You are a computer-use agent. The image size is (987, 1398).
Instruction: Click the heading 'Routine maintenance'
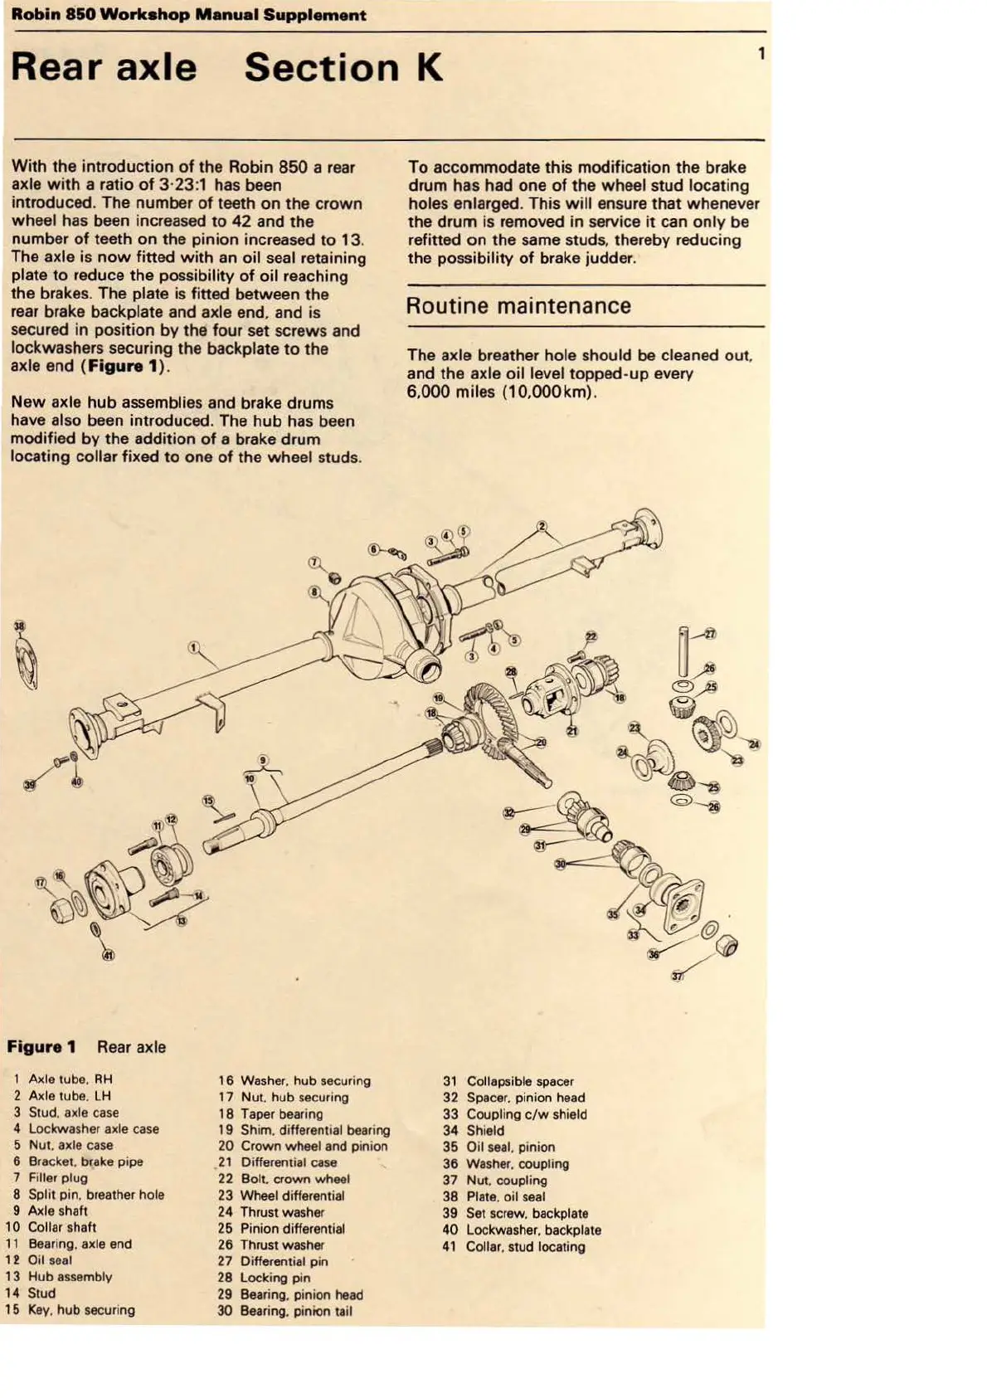[x=518, y=306]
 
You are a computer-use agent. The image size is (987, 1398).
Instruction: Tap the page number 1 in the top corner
[x=761, y=55]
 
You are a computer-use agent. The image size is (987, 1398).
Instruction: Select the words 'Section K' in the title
[x=343, y=68]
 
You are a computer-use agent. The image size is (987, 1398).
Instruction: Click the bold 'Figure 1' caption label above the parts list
[x=41, y=1047]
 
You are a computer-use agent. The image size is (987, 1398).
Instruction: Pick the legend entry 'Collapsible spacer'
[x=519, y=1081]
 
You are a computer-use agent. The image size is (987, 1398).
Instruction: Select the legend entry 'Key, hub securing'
[x=81, y=1309]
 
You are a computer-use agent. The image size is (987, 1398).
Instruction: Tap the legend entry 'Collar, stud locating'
[x=525, y=1246]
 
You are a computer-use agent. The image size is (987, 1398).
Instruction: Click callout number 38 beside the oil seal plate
[x=20, y=626]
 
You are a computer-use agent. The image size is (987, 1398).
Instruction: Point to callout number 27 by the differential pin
[x=710, y=634]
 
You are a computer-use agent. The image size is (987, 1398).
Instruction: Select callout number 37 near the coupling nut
[x=678, y=976]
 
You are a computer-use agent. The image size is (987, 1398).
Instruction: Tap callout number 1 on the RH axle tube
[x=193, y=647]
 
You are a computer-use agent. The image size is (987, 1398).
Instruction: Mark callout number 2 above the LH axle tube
[x=542, y=526]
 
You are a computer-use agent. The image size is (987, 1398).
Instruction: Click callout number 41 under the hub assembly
[x=108, y=955]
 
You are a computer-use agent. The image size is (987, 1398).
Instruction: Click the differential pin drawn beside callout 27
[x=682, y=651]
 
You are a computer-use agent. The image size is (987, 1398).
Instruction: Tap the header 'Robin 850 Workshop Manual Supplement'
[x=189, y=15]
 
